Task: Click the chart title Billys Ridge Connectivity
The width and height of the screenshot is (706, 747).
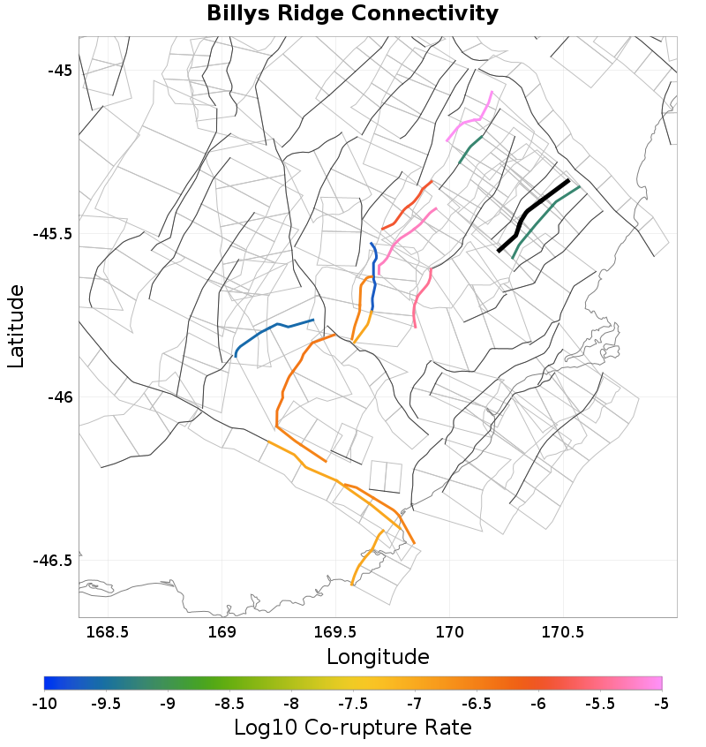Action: coord(352,14)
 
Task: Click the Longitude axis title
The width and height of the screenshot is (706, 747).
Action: coord(378,657)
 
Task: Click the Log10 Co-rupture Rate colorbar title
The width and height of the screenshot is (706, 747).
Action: coord(352,728)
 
